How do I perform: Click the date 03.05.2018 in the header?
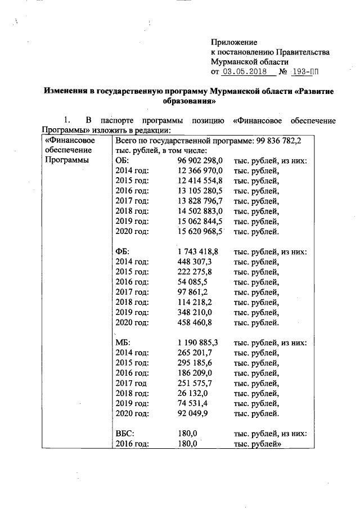click(245, 72)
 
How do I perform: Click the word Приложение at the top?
click(234, 42)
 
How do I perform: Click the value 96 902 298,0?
click(200, 160)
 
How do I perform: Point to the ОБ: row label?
click(122, 160)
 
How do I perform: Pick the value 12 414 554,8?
click(200, 181)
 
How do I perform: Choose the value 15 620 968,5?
click(200, 231)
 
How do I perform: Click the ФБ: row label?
click(122, 251)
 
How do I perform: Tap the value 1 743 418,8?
click(197, 251)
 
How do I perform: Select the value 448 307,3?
click(194, 262)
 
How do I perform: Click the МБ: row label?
click(123, 343)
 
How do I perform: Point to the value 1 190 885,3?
click(197, 343)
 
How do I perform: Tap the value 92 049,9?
click(192, 413)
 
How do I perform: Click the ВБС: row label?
click(124, 434)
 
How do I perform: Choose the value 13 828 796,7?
click(200, 201)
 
